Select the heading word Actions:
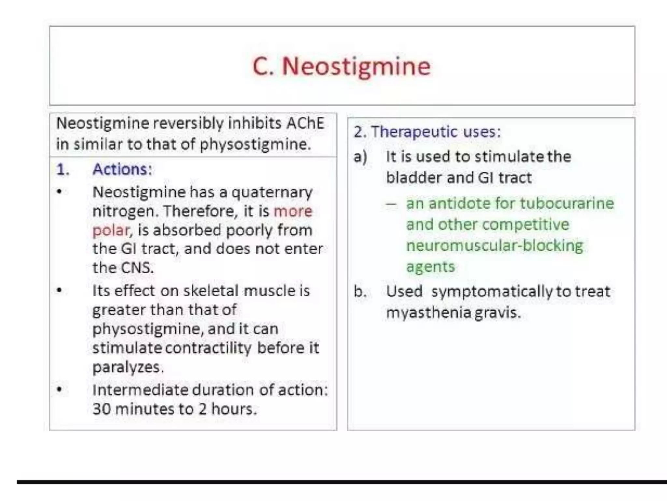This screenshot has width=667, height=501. (122, 169)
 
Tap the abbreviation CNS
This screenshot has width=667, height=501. (137, 268)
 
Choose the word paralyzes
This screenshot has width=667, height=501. (128, 367)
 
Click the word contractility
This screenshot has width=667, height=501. (208, 348)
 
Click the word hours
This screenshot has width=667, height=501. (234, 409)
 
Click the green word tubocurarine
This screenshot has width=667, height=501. (567, 204)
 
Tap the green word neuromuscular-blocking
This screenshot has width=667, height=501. (494, 246)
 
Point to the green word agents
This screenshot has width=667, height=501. (430, 267)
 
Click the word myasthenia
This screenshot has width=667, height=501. (428, 313)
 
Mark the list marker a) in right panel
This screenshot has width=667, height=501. (360, 157)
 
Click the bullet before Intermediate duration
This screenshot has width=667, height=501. (59, 389)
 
